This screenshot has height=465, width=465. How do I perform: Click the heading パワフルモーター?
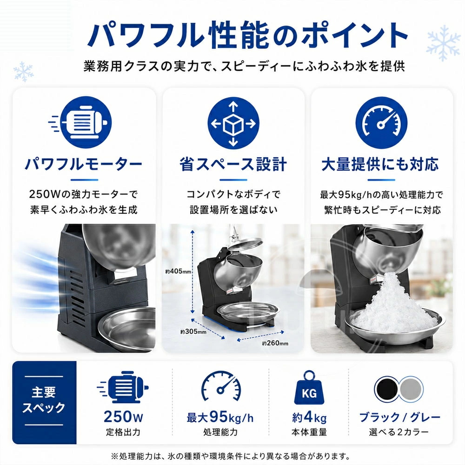point(84,164)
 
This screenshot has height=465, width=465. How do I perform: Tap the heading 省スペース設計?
point(233,164)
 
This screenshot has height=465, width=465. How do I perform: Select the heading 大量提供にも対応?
point(380,164)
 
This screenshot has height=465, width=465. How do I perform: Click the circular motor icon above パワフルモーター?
point(86,122)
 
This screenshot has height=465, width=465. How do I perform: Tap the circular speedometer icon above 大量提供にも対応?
point(381,123)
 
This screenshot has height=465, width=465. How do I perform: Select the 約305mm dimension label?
point(193,332)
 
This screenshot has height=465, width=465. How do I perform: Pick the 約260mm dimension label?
point(275,343)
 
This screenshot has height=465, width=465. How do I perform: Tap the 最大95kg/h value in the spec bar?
point(220,417)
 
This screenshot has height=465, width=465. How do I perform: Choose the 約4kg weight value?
point(309,417)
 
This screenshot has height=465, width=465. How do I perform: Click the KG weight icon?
point(309,388)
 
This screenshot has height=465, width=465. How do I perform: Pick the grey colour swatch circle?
point(411,389)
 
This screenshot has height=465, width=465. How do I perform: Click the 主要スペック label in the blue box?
point(44,400)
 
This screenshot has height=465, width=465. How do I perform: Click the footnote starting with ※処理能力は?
point(230,456)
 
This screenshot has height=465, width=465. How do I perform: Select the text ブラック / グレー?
point(399,417)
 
